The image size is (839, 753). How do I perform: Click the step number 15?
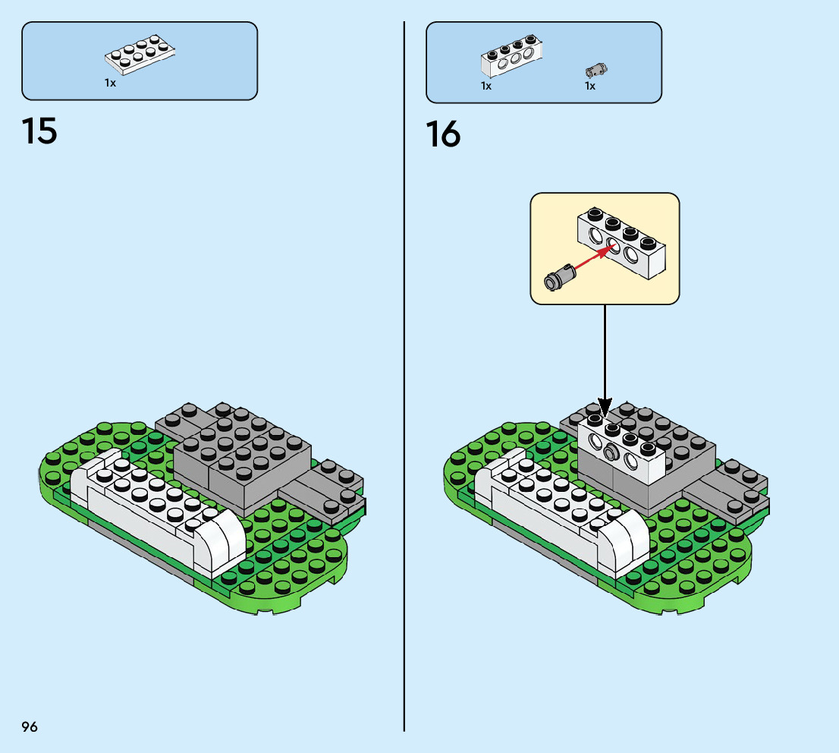(39, 131)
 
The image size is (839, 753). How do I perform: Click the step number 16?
(443, 135)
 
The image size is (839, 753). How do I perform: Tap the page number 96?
(30, 726)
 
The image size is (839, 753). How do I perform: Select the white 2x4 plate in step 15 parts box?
(142, 54)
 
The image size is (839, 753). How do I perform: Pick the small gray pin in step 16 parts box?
(597, 71)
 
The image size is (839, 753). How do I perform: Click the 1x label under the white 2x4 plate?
(111, 83)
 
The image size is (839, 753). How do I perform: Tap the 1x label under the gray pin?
(589, 86)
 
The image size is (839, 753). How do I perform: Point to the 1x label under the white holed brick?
(486, 86)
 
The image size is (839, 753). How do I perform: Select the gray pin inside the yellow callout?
(558, 277)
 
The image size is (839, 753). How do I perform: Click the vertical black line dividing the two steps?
(404, 380)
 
